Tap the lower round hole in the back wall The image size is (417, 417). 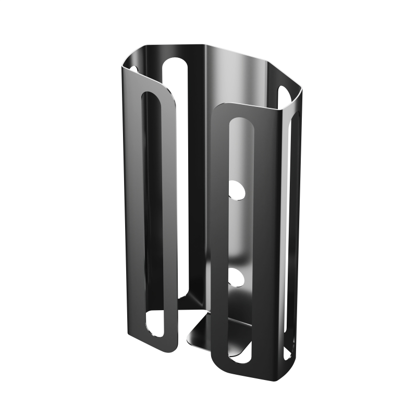[237, 277]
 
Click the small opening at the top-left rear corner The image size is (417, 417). [133, 69]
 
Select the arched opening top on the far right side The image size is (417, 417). [284, 93]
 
